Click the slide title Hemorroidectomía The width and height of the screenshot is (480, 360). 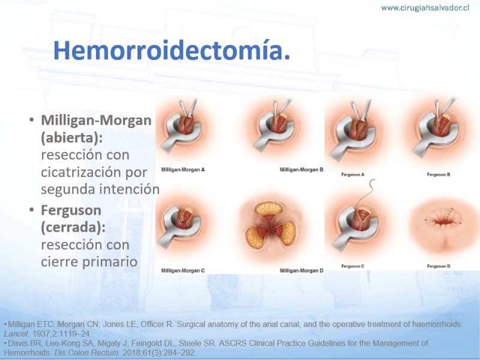coord(172,50)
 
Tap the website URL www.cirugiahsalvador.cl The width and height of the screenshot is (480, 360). coord(425,8)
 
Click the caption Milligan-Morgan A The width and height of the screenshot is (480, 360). coord(183,170)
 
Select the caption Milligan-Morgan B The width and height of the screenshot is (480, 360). coord(301,170)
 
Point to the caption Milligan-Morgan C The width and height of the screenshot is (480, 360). coord(183,271)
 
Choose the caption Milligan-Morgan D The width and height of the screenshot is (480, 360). coord(301,271)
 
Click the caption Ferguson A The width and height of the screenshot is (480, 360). coord(353,175)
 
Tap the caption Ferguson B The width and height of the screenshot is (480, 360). coord(439,175)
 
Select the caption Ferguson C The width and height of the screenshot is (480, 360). coord(353,266)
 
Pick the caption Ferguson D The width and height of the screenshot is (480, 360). coord(439,266)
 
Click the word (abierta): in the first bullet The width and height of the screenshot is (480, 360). coord(72,138)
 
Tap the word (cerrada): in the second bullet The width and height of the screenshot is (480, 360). coord(73,227)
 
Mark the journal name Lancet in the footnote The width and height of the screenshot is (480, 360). coord(16,334)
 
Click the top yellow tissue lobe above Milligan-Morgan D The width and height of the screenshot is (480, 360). coord(268,209)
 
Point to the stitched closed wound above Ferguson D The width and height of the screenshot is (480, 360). coord(443,220)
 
